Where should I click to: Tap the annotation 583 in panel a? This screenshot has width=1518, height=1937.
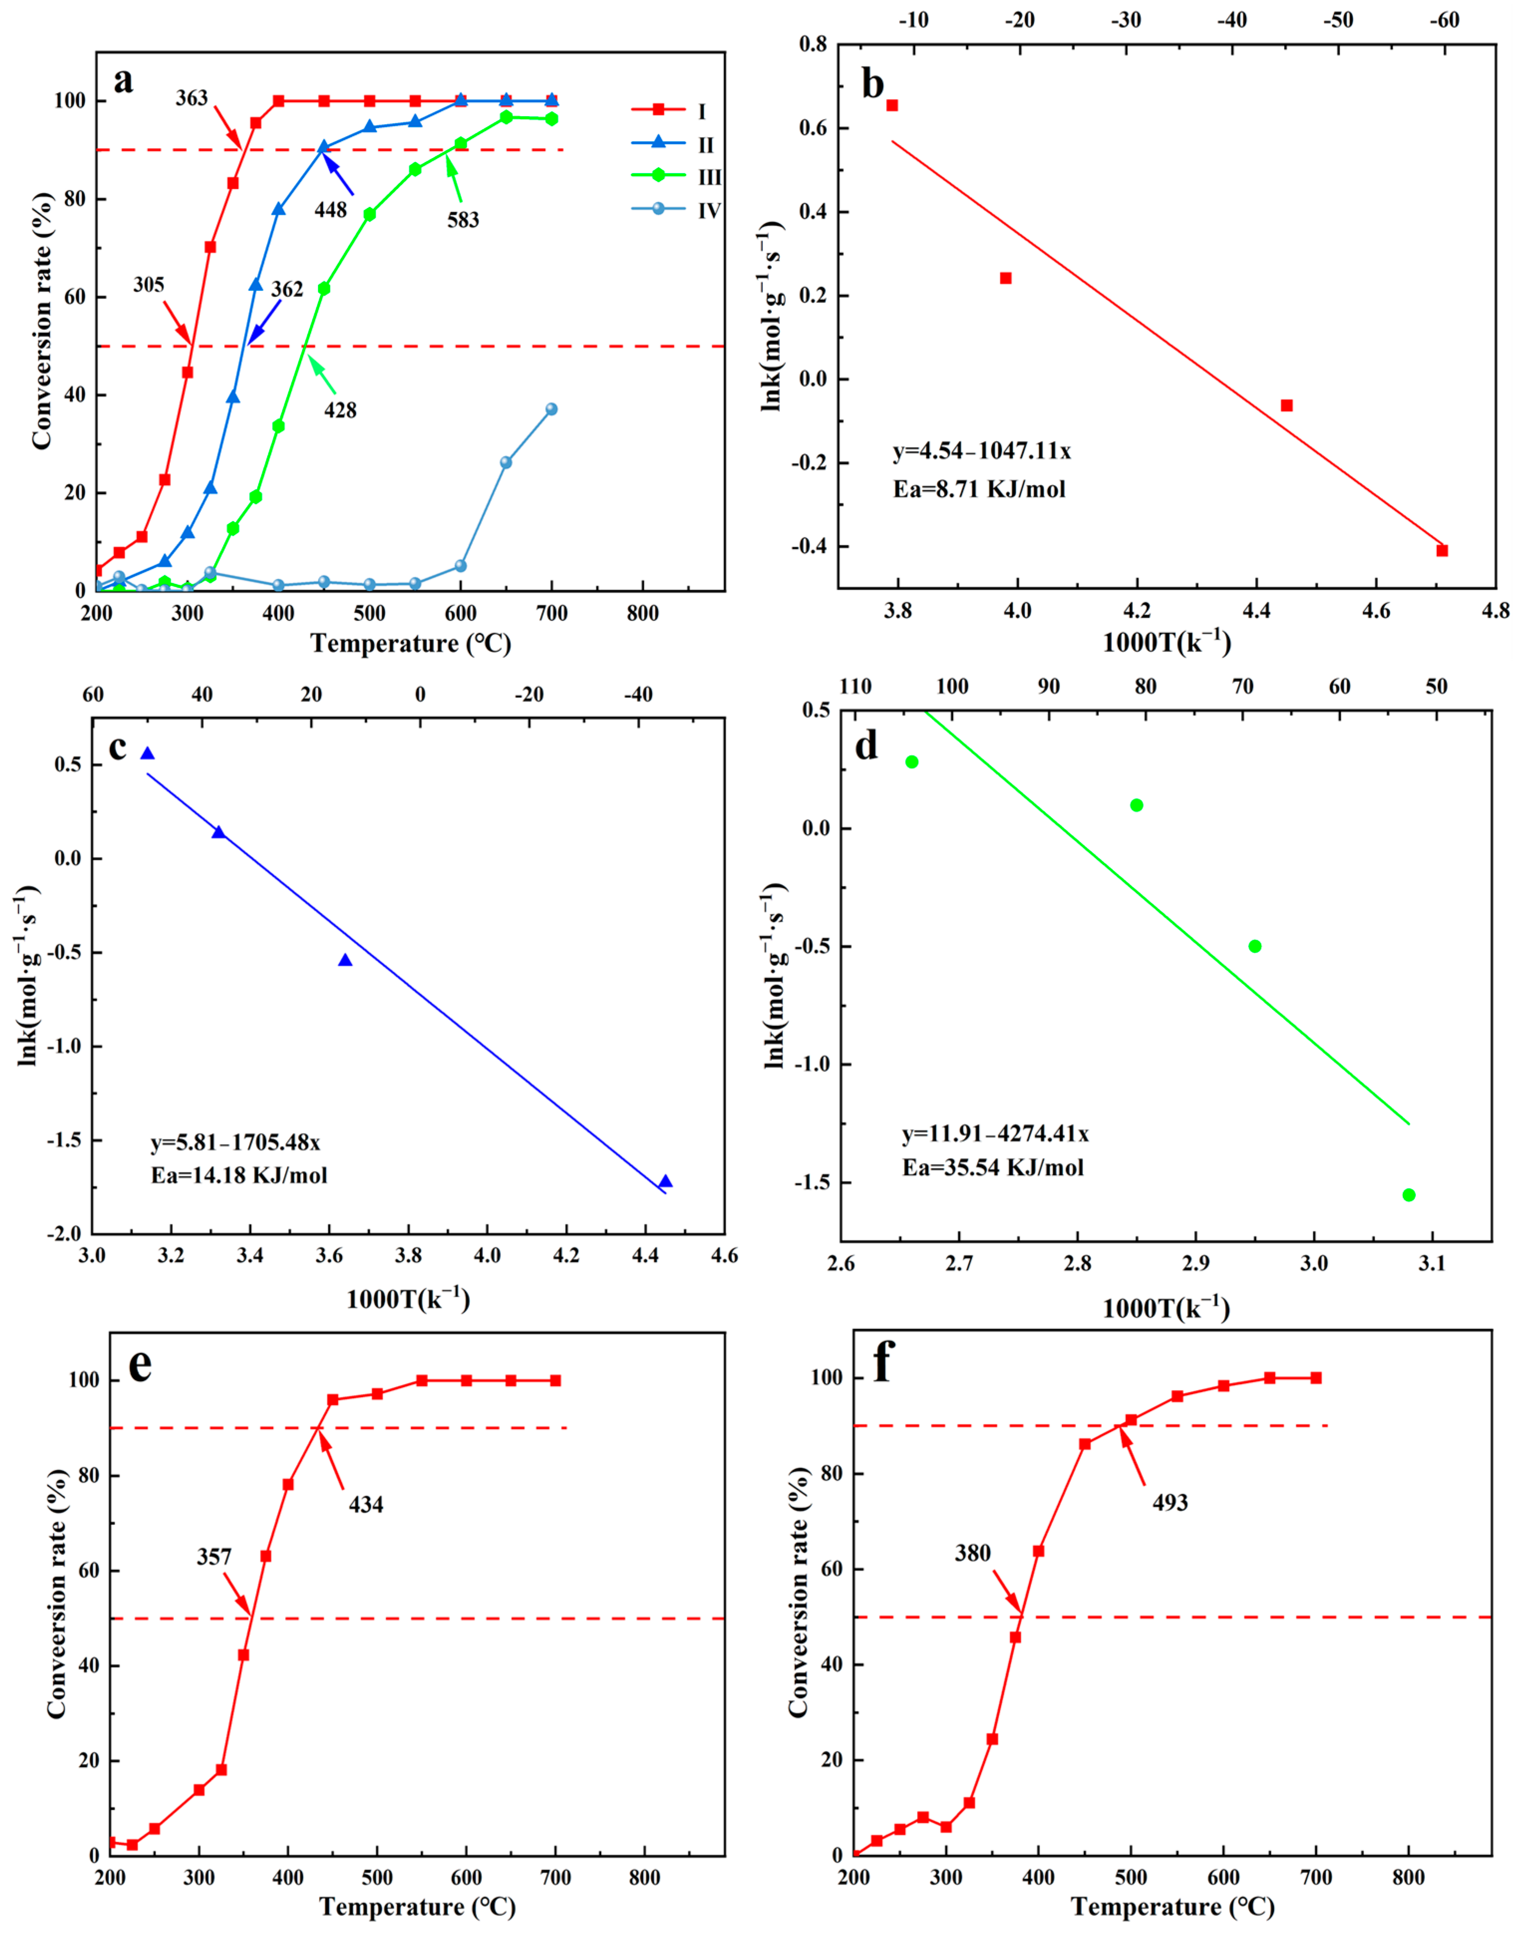[x=463, y=219]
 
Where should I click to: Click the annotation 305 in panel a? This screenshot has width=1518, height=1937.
[x=149, y=285]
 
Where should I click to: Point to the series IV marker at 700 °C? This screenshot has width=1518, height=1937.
[x=551, y=409]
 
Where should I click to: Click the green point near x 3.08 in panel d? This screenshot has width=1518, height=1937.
[x=1409, y=1195]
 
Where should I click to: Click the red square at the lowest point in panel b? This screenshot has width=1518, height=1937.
[x=1442, y=550]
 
